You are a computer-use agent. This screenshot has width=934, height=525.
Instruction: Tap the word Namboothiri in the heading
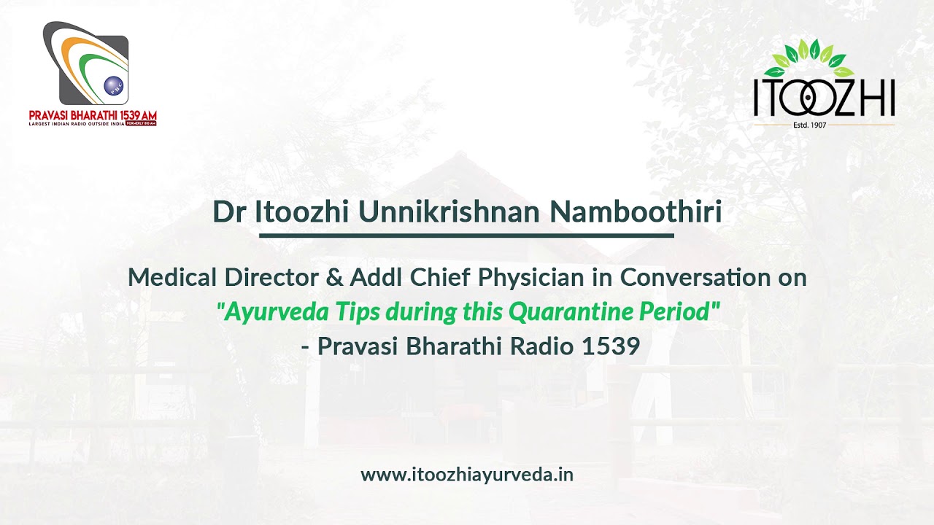tap(635, 212)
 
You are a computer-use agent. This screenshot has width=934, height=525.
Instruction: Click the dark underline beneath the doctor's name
tap(466, 236)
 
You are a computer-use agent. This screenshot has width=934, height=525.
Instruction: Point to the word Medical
tap(172, 278)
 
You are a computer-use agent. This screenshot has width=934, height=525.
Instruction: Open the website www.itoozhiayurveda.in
tap(467, 475)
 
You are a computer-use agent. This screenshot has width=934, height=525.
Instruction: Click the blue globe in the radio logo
tap(114, 86)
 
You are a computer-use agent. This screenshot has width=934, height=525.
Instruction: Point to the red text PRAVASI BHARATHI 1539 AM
tap(93, 115)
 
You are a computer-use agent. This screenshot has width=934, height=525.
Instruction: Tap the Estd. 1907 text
tap(824, 125)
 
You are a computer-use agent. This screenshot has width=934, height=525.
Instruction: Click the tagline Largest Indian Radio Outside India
tap(76, 124)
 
